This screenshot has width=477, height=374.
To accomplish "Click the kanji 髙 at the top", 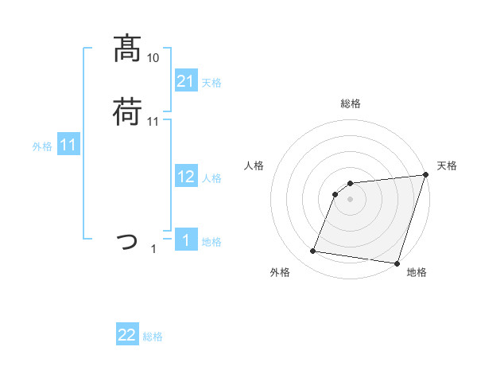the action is (127, 49).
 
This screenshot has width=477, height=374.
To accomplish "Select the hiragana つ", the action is (127, 240).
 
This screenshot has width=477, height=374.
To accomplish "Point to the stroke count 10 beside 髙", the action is (153, 58).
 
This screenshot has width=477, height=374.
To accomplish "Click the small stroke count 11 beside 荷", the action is (153, 121).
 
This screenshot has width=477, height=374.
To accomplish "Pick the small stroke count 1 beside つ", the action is (153, 249).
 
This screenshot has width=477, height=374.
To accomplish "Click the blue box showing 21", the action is (185, 81).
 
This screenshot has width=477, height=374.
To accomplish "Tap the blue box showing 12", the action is (185, 177).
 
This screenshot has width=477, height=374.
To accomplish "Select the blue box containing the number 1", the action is (185, 240).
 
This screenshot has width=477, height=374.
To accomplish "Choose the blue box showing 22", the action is (127, 335).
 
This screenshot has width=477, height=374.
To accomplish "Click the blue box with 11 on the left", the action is (68, 145).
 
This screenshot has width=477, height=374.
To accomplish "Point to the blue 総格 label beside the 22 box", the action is (153, 337).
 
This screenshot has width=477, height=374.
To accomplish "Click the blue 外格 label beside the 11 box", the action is (42, 146).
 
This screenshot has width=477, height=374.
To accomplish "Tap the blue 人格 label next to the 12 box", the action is (211, 178).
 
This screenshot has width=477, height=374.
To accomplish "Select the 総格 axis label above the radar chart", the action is (350, 103).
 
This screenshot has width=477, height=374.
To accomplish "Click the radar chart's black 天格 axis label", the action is (447, 166).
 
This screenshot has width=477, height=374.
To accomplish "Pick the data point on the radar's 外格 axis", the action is (312, 251).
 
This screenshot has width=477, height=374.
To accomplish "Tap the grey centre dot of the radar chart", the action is (350, 200).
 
